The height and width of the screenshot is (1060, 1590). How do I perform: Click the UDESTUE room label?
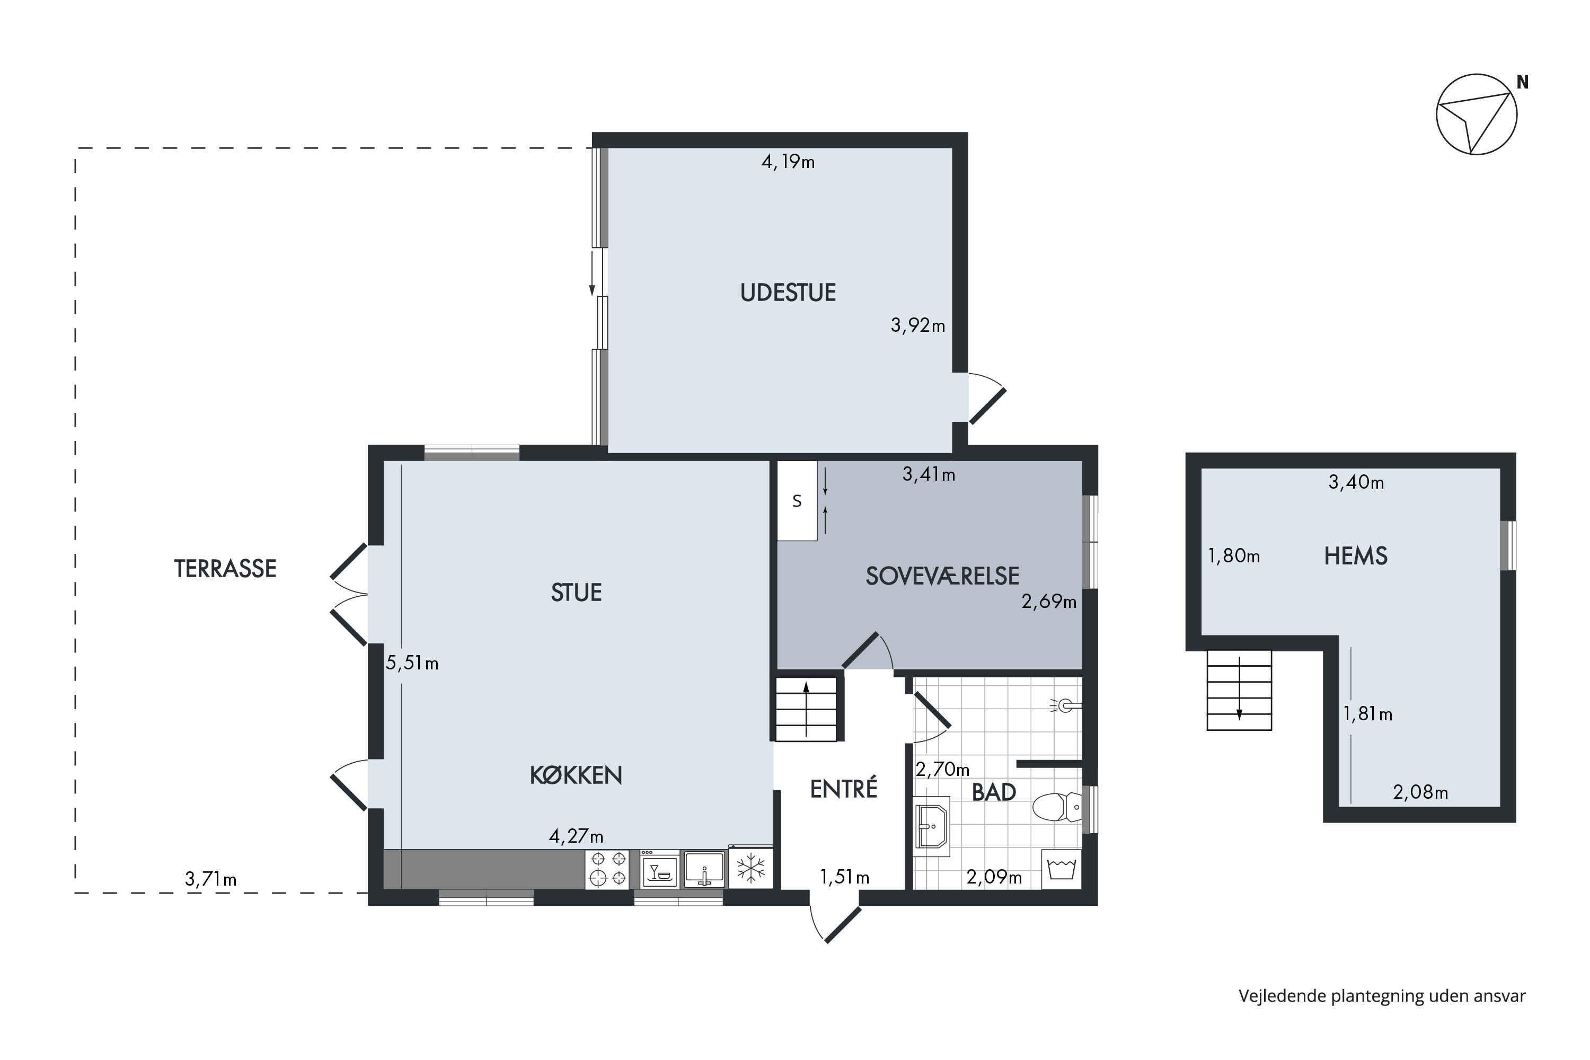coord(788,293)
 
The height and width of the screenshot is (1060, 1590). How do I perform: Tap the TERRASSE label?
coord(225,569)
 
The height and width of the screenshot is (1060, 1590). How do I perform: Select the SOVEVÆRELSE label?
coord(942,576)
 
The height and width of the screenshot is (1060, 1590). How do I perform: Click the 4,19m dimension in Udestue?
coord(788,162)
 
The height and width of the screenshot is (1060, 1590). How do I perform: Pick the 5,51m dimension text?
coord(412,663)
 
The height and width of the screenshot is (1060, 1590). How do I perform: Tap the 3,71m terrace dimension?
coord(211,879)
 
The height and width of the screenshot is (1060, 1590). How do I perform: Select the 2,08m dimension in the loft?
coord(1420,792)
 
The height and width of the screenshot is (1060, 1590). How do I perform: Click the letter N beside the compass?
coord(1522,82)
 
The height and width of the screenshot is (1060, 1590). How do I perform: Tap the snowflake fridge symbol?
coord(750,868)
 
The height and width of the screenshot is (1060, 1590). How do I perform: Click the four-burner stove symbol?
coord(607,869)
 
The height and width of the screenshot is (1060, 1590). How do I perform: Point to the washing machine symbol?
coord(1062,869)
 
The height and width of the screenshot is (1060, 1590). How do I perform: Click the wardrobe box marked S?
coord(797,501)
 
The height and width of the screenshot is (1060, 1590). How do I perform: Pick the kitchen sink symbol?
coord(704,869)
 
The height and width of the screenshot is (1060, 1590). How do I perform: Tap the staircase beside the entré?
coord(806,709)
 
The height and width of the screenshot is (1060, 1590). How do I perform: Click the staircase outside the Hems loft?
coord(1239,690)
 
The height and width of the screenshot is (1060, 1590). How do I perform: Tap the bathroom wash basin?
coord(932,827)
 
